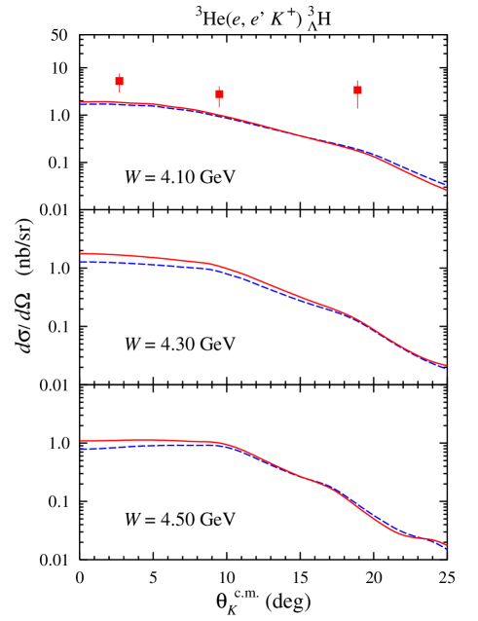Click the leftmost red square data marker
[x=120, y=82]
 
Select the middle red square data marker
[x=219, y=94]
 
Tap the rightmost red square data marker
[x=357, y=90]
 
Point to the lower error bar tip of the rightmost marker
[x=357, y=108]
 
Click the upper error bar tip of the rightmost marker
[x=357, y=80]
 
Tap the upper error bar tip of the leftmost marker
[x=120, y=73]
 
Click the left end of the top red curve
[x=81, y=101]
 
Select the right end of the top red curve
[x=446, y=189]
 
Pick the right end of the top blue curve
[x=446, y=184]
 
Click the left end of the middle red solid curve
[x=81, y=253]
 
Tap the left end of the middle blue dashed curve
[x=81, y=262]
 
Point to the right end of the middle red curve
[x=446, y=366]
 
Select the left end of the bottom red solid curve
[x=81, y=440]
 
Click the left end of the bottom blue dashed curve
[x=81, y=449]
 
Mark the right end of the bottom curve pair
[x=446, y=548]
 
